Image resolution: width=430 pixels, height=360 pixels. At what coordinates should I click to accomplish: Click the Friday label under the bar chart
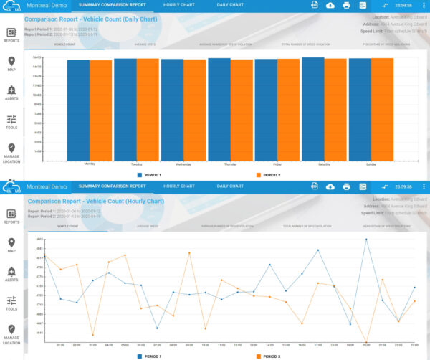277,164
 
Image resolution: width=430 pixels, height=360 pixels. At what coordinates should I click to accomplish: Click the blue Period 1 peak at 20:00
366,240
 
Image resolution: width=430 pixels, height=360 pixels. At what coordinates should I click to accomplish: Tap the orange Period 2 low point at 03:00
93,335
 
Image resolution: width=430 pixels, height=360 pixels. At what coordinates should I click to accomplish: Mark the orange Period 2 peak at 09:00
189,252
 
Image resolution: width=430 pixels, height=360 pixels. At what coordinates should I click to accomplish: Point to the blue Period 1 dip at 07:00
157,328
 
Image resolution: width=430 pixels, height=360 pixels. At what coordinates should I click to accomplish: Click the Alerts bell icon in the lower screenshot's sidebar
11,271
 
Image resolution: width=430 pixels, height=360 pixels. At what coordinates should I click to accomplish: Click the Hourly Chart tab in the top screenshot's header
178,5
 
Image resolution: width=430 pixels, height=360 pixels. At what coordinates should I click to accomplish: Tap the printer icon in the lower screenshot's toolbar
346,186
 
